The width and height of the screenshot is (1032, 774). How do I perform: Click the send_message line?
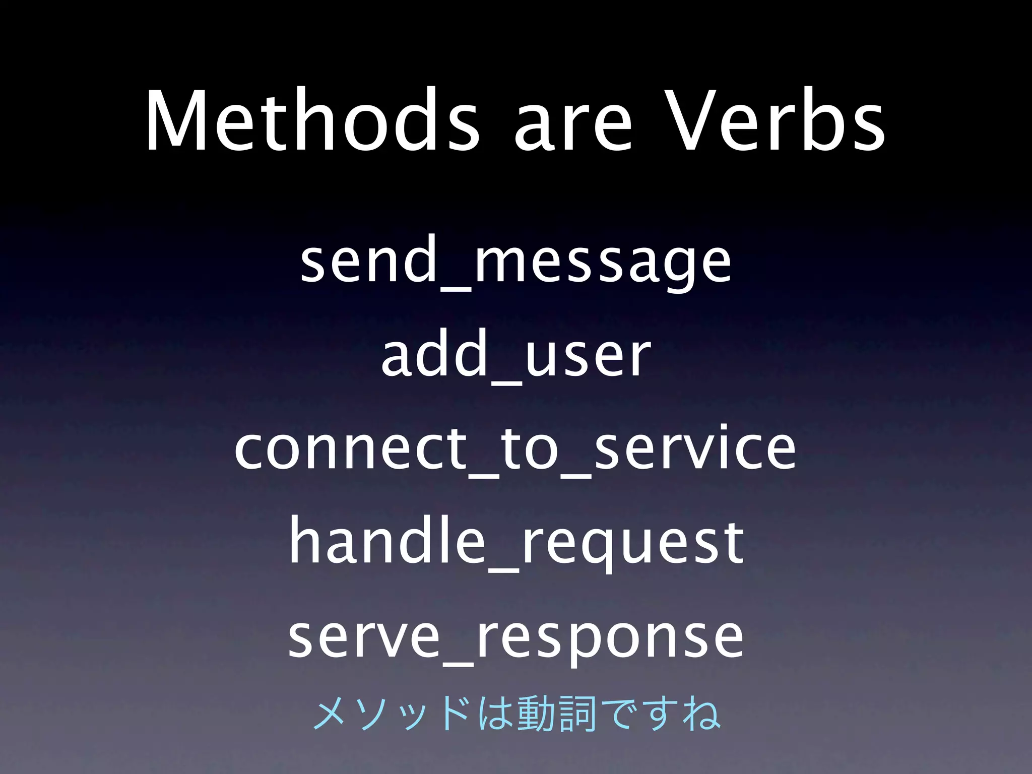[515, 264]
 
